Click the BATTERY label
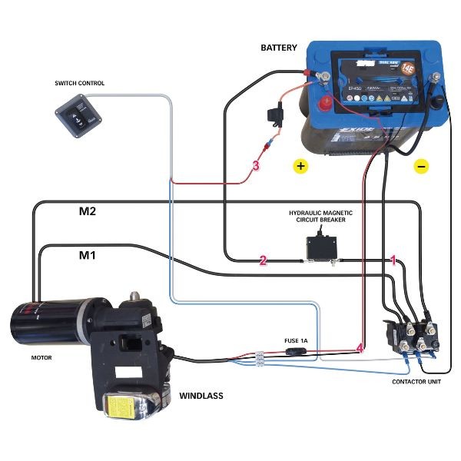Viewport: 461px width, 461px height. (x=278, y=48)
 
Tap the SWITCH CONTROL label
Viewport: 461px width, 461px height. (x=80, y=83)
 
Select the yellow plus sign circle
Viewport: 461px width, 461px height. (x=300, y=165)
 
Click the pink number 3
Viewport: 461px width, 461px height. (x=256, y=165)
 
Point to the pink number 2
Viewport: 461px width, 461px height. (x=263, y=260)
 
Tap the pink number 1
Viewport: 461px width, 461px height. (x=394, y=260)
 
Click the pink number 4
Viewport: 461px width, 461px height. (x=360, y=348)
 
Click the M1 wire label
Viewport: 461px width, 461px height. (x=87, y=254)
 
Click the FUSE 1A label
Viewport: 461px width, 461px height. (x=296, y=339)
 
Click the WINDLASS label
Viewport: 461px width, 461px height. (x=201, y=396)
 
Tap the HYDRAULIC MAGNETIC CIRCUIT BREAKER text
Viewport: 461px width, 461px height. (x=317, y=215)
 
